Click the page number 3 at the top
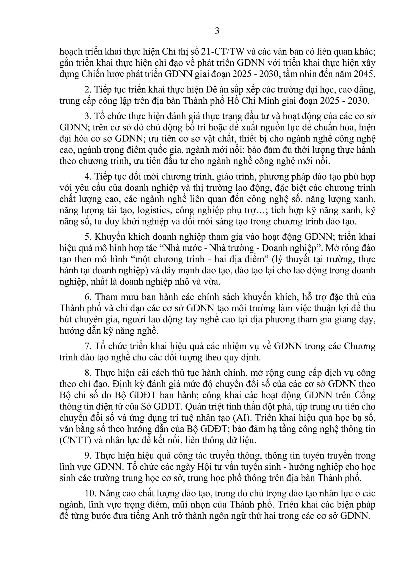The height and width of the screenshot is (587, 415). (x=217, y=31)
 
